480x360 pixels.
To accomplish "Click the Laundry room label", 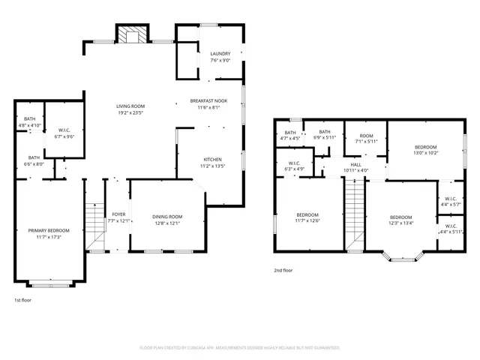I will pyautogui.click(x=220, y=54).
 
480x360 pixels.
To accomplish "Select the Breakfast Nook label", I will pyautogui.click(x=209, y=100).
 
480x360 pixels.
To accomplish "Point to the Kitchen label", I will pyautogui.click(x=212, y=159).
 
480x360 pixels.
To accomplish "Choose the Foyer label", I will pyautogui.click(x=119, y=214).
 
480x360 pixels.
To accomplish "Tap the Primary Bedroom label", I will pyautogui.click(x=49, y=230).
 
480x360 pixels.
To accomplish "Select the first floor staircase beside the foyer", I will pyautogui.click(x=94, y=226).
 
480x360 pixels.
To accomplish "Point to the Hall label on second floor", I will pyautogui.click(x=355, y=163).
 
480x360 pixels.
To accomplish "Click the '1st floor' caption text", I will pyautogui.click(x=22, y=300).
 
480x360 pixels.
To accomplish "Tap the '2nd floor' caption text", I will pyautogui.click(x=283, y=271).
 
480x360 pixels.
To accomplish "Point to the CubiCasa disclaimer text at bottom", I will pyautogui.click(x=240, y=347).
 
